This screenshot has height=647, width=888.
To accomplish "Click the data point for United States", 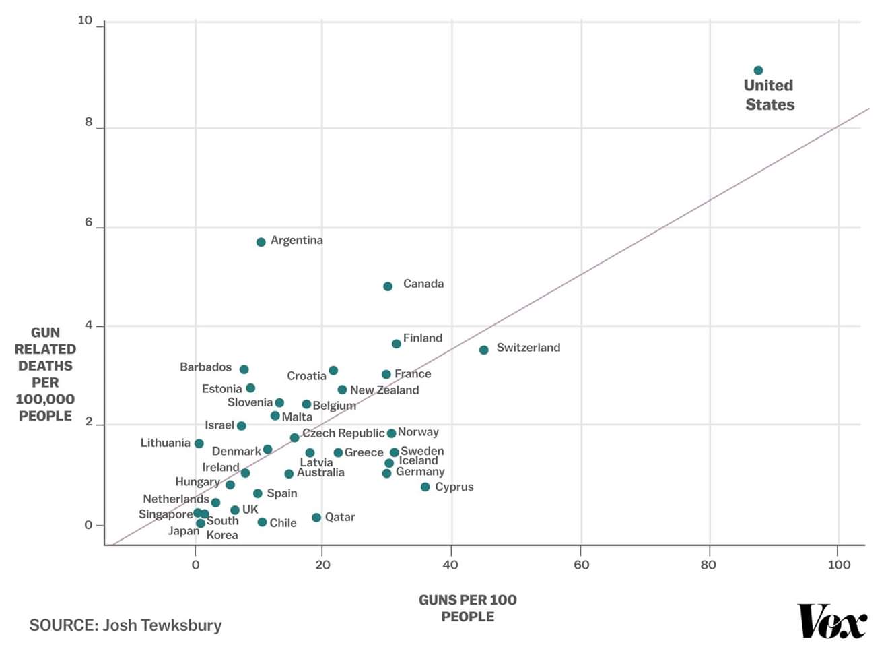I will tap(758, 71).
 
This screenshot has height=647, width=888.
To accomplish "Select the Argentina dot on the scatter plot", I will tap(261, 242).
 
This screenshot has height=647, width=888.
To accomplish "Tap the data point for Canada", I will tap(388, 286).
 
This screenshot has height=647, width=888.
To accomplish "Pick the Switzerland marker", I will tap(483, 350).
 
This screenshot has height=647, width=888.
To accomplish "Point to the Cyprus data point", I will tap(425, 487).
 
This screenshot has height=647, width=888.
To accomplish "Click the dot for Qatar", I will tap(316, 518).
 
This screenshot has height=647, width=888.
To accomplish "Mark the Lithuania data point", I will tap(199, 443).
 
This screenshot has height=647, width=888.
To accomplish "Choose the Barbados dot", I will tap(244, 369).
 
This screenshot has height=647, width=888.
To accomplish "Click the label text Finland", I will tap(422, 338).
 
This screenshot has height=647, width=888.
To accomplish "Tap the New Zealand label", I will tap(384, 390).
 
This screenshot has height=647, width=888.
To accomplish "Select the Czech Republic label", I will tap(343, 433).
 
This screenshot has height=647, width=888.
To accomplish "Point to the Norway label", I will tap(418, 432).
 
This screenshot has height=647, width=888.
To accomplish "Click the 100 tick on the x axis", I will tap(839, 565).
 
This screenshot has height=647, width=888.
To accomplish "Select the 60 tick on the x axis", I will tap(581, 565).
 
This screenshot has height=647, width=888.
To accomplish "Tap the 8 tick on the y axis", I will tap(89, 123).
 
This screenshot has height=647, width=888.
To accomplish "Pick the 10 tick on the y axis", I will tap(85, 20).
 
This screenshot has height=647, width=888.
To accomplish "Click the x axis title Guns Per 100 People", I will tap(467, 608).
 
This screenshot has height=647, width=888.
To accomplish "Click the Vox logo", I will tap(832, 621).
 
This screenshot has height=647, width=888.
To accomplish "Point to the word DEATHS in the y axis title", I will tap(45, 366).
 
